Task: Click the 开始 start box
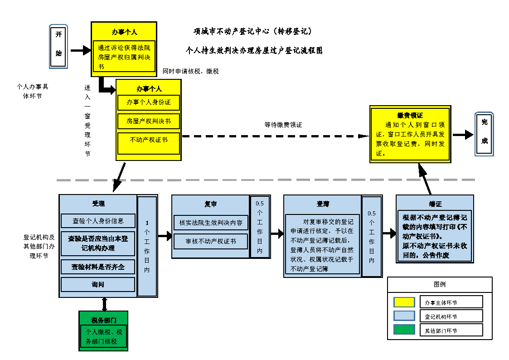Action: point(58,46)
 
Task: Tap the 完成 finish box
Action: point(484,134)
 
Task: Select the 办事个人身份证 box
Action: point(149,102)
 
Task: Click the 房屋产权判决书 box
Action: point(149,122)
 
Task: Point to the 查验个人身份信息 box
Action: point(98,221)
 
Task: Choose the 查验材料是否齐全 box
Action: point(98,267)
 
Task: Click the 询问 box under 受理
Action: point(98,284)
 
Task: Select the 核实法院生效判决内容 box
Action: point(211,223)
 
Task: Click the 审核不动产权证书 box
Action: point(211,241)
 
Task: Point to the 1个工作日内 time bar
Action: point(147,246)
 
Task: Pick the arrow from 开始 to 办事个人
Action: point(81,50)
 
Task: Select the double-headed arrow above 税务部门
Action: point(105,304)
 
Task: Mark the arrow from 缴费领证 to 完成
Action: point(462,135)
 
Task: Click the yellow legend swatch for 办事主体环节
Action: point(404,302)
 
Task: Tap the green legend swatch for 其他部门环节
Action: point(404,330)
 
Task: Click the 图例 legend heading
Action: point(439,284)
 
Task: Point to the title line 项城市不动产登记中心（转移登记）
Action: point(252,32)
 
